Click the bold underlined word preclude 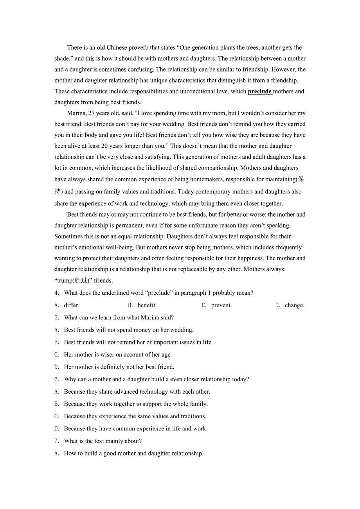point(259,91)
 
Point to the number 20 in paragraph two point(105,146)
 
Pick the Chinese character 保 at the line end point(301,179)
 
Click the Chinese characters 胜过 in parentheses point(81,280)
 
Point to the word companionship point(218,168)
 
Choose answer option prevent point(221,305)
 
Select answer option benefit point(147,305)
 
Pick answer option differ point(72,305)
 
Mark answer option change point(295,305)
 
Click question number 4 point(57,293)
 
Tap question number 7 point(57,441)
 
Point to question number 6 point(57,380)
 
